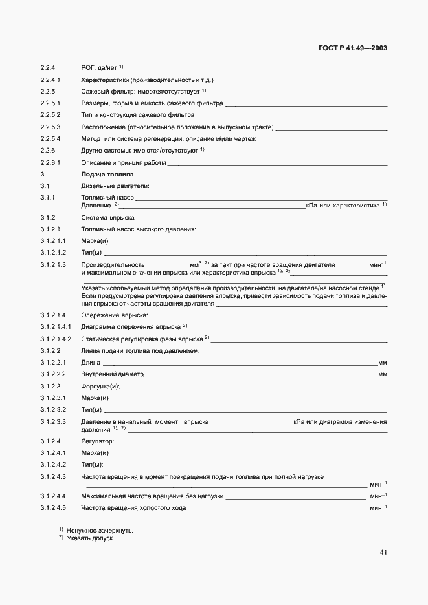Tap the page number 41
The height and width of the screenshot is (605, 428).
pyautogui.click(x=383, y=552)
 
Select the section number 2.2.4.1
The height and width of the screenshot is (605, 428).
pyautogui.click(x=50, y=80)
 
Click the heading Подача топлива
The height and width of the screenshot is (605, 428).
pyautogui.click(x=107, y=175)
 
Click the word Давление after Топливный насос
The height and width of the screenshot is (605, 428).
pyautogui.click(x=96, y=206)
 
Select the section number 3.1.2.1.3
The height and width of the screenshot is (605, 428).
pyautogui.click(x=54, y=265)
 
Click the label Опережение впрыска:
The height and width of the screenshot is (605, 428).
pyautogui.click(x=115, y=315)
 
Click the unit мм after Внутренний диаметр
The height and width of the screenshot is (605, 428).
pyautogui.click(x=382, y=374)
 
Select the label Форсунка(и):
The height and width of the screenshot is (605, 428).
pyautogui.click(x=100, y=386)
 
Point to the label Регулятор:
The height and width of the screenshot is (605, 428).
pyautogui.click(x=97, y=441)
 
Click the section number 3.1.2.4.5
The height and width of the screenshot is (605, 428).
pyautogui.click(x=54, y=508)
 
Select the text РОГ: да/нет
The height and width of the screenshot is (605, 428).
pyautogui.click(x=98, y=68)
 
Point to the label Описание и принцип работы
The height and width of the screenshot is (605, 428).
pyautogui.click(x=123, y=163)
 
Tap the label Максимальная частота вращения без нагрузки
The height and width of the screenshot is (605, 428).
pyautogui.click(x=152, y=496)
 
